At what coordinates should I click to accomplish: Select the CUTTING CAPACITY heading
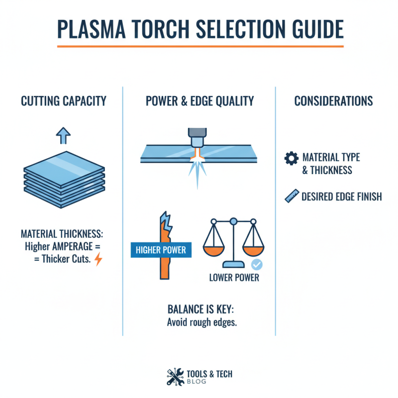coord(64,101)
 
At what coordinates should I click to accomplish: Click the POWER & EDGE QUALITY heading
coord(199,101)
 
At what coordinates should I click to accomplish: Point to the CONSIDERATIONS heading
coord(333,101)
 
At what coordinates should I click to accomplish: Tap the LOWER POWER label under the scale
coord(234,277)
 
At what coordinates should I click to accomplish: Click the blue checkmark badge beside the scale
coord(257,265)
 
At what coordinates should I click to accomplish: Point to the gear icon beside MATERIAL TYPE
coord(291,158)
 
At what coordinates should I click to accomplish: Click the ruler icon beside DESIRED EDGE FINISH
coord(291,197)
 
